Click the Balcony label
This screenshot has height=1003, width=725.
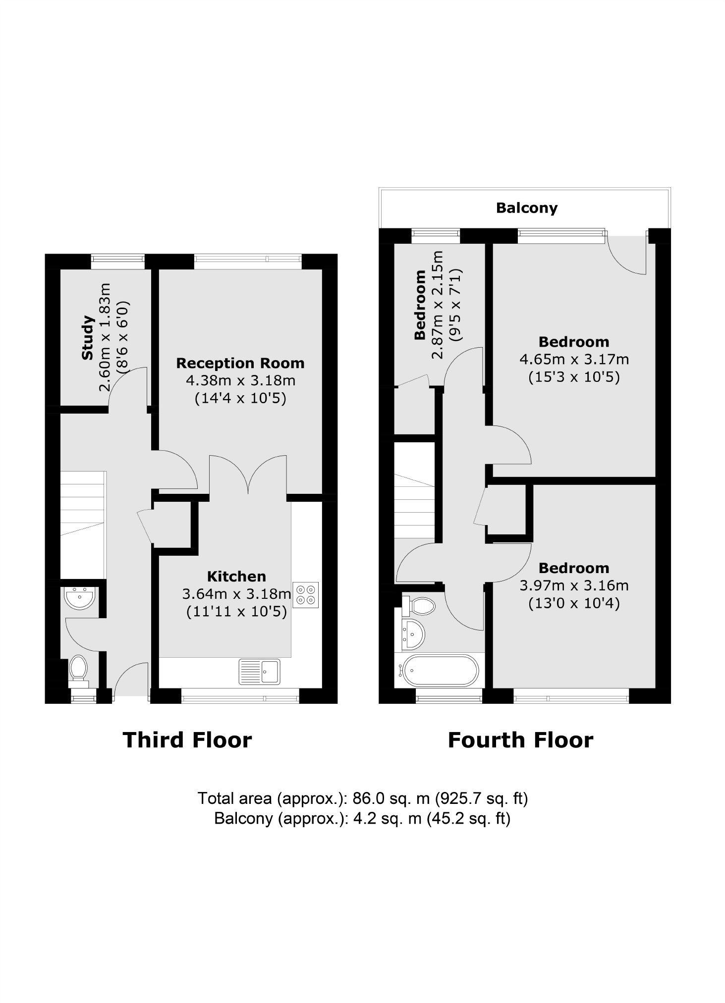click(x=526, y=208)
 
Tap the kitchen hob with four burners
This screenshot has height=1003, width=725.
click(x=305, y=595)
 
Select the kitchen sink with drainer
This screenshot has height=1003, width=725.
click(x=259, y=671)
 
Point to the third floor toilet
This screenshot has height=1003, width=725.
click(x=78, y=668)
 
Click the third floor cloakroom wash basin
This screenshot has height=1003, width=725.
click(x=79, y=598)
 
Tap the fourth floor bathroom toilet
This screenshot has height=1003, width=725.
click(x=420, y=605)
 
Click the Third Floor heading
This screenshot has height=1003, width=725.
click(x=187, y=740)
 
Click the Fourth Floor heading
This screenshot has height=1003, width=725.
click(x=520, y=740)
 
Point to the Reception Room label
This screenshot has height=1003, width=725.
click(x=240, y=363)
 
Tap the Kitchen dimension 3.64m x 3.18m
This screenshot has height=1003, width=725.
click(x=236, y=593)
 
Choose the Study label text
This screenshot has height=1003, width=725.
click(x=88, y=338)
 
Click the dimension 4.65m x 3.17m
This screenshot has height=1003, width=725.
click(x=574, y=359)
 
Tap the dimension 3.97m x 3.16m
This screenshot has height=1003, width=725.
click(x=574, y=585)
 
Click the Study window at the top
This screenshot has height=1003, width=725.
click(x=118, y=262)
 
